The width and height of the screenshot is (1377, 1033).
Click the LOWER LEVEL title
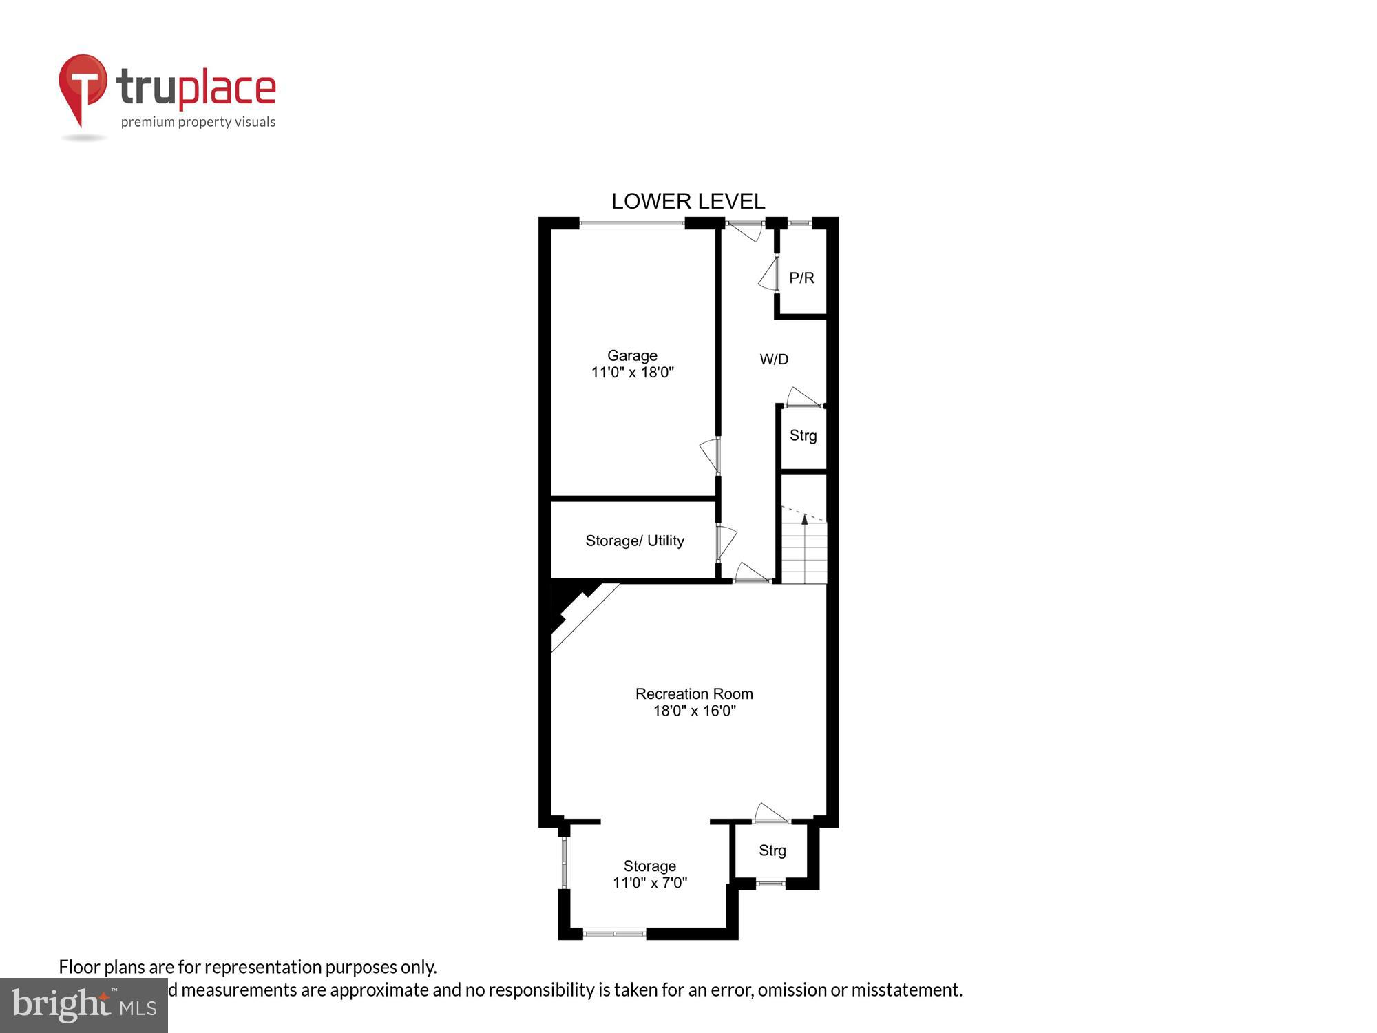688,201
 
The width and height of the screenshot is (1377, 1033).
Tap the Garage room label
632,355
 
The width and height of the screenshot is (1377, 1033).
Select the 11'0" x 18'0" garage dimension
632,373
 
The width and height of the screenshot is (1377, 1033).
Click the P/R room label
801,278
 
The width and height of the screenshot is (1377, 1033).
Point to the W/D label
774,359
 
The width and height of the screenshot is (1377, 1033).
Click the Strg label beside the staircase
803,435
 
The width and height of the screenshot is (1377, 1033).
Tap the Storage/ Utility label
634,541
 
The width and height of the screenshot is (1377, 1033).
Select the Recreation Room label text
694,693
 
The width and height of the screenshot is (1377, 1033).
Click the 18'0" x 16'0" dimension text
694,711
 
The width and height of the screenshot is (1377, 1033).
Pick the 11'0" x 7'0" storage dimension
650,883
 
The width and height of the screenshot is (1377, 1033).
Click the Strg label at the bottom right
772,851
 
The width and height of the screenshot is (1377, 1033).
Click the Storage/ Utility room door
725,543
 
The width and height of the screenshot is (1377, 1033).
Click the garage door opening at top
631,222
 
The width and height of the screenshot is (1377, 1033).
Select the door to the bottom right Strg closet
770,814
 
